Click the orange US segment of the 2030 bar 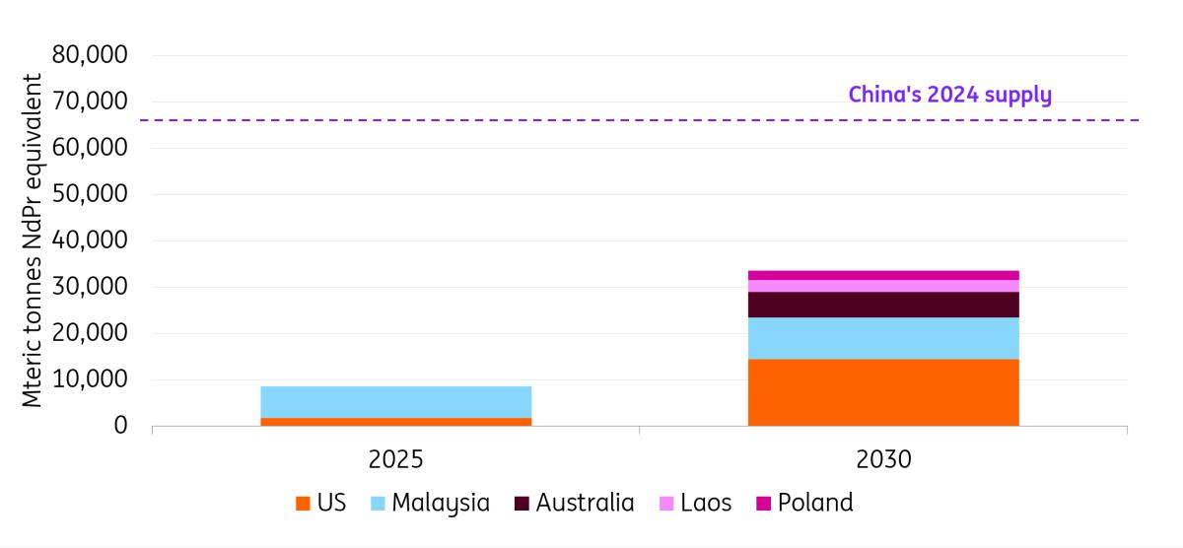tap(883, 392)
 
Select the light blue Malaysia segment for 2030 tap(883, 338)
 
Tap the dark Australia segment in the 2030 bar tap(883, 305)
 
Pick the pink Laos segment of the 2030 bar tap(883, 286)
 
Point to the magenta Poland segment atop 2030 tap(883, 275)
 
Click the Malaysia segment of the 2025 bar tap(395, 401)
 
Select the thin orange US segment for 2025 tap(395, 422)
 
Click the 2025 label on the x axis tap(396, 459)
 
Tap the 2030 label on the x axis tap(883, 459)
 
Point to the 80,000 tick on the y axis tap(90, 55)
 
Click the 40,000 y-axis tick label tap(90, 240)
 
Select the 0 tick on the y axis tap(120, 426)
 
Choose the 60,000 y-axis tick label tap(90, 148)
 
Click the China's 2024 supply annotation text tap(949, 95)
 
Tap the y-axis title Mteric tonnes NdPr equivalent tap(34, 240)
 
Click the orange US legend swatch tap(303, 504)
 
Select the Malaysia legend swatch tap(378, 504)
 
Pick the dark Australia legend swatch tap(522, 504)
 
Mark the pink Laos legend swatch tap(666, 504)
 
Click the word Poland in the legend tap(814, 503)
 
